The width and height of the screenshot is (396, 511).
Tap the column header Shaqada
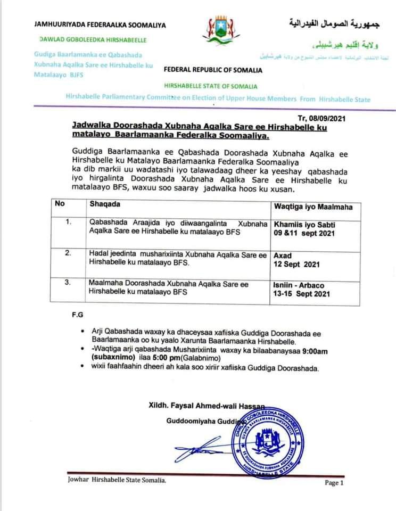pos(105,204)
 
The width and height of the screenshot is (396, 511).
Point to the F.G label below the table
pos(78,315)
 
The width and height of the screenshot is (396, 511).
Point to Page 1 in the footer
pos(334,483)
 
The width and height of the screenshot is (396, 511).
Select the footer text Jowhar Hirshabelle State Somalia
pos(117,480)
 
